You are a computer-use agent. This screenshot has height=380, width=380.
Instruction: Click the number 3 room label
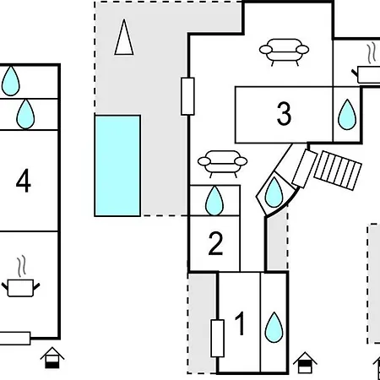[x=284, y=113]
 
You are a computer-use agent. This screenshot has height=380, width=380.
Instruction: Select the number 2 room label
[x=215, y=243]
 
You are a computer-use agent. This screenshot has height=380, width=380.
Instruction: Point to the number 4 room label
[x=24, y=181]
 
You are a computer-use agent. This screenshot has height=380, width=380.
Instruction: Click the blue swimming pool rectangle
[x=117, y=166]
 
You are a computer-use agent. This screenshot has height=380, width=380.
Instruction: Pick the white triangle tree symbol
[x=124, y=37]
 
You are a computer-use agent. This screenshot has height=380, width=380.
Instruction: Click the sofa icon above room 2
[x=222, y=164]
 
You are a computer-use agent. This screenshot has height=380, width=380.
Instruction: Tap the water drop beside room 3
[x=347, y=115]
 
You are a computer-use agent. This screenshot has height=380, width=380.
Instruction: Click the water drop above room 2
[x=214, y=201]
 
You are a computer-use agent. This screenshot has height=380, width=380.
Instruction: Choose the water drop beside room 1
[x=274, y=328]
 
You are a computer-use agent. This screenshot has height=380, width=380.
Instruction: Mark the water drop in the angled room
[x=274, y=193]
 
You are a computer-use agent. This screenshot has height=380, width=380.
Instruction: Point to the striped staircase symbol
[x=338, y=171]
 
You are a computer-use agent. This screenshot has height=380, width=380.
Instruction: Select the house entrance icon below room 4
[x=52, y=358]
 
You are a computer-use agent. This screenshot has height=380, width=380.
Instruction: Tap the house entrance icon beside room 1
[x=305, y=362]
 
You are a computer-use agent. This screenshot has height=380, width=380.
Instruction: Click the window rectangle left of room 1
[x=218, y=339]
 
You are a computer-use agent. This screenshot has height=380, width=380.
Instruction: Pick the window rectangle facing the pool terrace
[x=187, y=96]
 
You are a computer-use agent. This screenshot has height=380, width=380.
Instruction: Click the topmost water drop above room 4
[x=11, y=81]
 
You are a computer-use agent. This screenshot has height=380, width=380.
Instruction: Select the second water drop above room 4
[x=25, y=114]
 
